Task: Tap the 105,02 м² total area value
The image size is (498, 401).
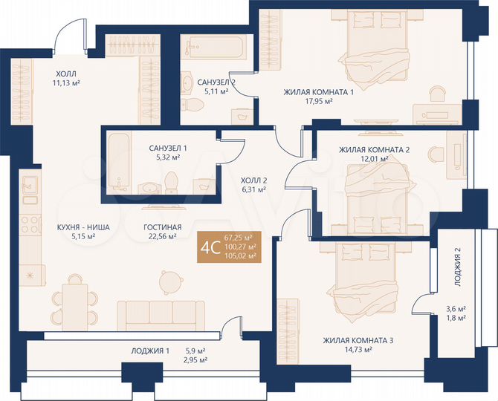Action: pos(240,256)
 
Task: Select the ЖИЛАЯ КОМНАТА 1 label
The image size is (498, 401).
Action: pos(318,92)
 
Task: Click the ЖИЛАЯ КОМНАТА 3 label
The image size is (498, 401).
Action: pos(358,341)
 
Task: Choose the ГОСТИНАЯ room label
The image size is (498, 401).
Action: pos(161,227)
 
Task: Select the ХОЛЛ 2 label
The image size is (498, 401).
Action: pos(253,179)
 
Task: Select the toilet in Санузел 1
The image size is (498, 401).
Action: pos(171,181)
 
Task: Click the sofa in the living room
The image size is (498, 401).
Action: pos(161,314)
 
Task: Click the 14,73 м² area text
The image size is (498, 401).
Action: pos(358,351)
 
